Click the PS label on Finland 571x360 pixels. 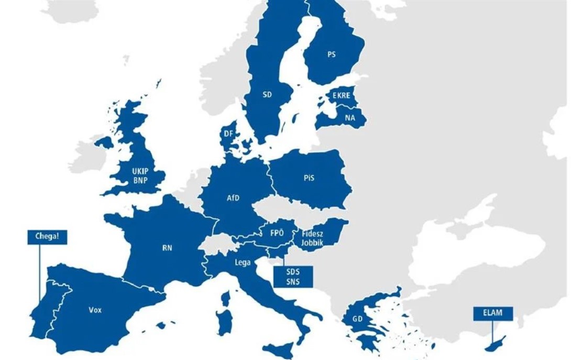[331, 54]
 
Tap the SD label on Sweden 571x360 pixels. [267, 95]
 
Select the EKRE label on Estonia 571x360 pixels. [341, 96]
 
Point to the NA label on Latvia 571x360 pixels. [349, 118]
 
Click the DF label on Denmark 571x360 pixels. [228, 134]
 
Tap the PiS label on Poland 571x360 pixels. [309, 178]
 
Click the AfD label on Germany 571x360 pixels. [233, 198]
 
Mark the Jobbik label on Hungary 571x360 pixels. [312, 243]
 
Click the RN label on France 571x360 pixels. [167, 248]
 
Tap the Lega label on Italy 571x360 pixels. [243, 262]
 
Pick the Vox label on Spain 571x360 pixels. [95, 310]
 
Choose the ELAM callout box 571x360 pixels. [493, 313]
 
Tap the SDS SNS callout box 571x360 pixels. [293, 277]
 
